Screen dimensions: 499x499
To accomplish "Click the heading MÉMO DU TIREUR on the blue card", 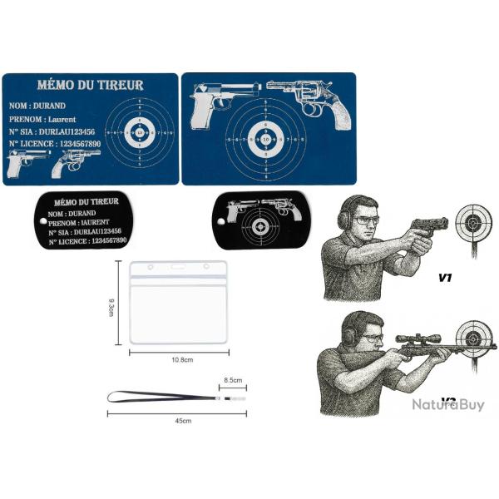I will click(x=91, y=86).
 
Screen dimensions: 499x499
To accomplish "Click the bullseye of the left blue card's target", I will click(x=139, y=131).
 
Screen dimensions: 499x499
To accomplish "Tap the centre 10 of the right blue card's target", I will click(x=266, y=141).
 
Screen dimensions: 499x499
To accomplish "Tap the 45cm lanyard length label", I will click(x=184, y=421).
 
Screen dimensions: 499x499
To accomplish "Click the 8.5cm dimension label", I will click(x=234, y=380).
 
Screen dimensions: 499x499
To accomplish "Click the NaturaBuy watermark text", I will click(x=447, y=405).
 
